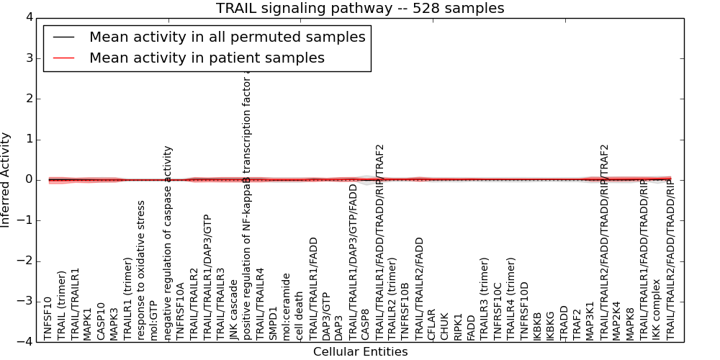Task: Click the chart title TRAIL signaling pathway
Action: [360, 9]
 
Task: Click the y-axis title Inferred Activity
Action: [6, 180]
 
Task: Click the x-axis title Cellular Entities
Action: [360, 352]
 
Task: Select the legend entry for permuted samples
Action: [227, 37]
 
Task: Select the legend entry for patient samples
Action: [207, 58]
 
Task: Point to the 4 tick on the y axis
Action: [28, 17]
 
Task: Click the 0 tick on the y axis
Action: [28, 180]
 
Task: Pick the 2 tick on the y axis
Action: [28, 99]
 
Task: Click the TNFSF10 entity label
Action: [48, 318]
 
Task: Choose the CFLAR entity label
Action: [432, 323]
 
